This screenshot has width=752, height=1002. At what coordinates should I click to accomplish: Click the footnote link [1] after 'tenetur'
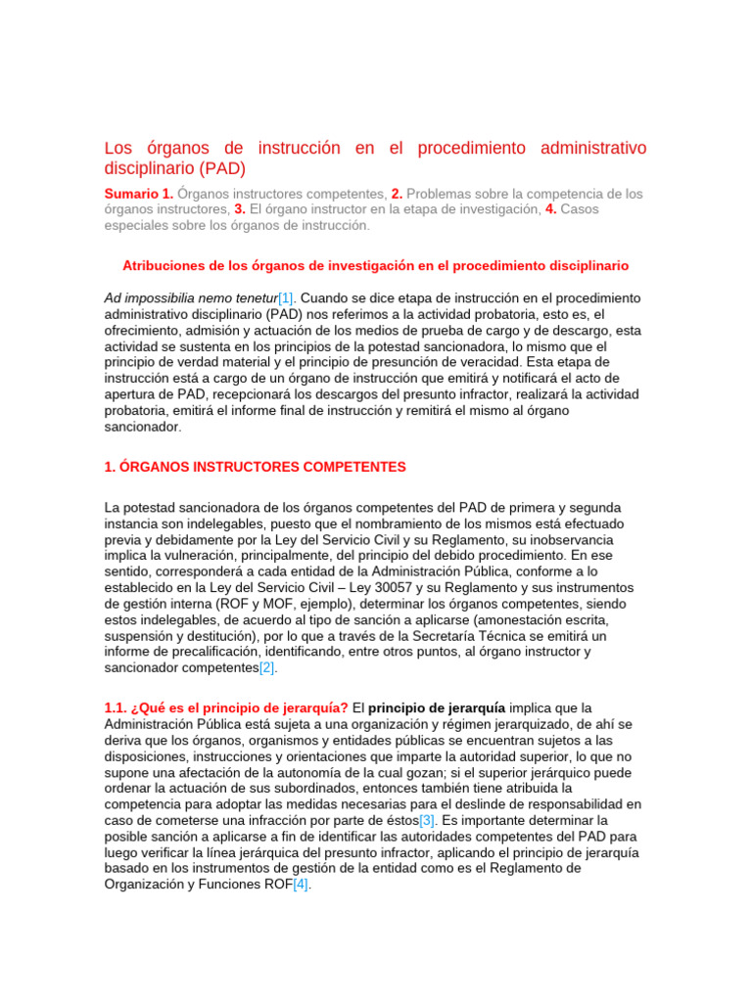pyautogui.click(x=286, y=297)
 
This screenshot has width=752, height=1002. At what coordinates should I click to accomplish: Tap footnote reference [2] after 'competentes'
pyautogui.click(x=267, y=667)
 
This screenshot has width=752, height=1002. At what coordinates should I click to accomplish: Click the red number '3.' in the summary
pyautogui.click(x=239, y=209)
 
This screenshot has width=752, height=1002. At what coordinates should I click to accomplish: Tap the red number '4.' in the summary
pyautogui.click(x=551, y=209)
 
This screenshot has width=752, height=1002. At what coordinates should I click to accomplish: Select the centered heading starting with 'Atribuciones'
pyautogui.click(x=375, y=265)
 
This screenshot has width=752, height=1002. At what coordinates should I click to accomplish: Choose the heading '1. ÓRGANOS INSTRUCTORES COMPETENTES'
pyautogui.click(x=255, y=468)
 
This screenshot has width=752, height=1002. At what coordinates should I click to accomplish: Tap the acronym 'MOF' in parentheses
pyautogui.click(x=252, y=603)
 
